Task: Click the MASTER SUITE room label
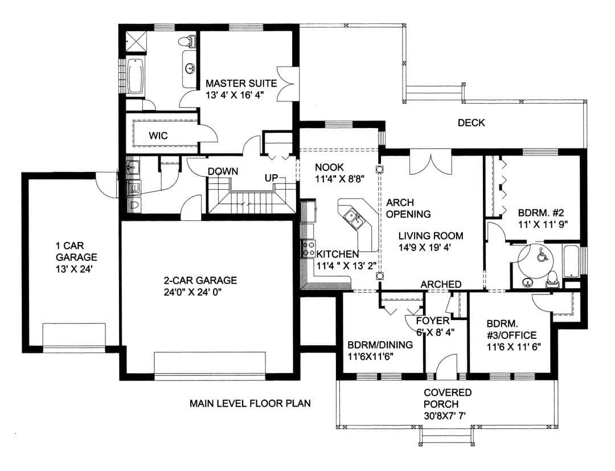click(x=241, y=83)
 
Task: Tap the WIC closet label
click(x=158, y=136)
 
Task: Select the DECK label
click(x=471, y=123)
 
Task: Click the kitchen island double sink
click(x=354, y=219)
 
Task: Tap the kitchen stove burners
click(x=308, y=249)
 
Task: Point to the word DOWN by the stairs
click(x=223, y=171)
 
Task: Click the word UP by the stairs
click(x=271, y=178)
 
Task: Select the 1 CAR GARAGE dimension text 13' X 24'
click(x=73, y=269)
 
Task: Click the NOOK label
click(x=329, y=167)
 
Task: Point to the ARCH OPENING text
click(x=408, y=208)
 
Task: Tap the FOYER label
click(x=433, y=321)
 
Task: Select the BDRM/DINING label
click(x=380, y=345)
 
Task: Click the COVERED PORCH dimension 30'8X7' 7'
click(x=445, y=416)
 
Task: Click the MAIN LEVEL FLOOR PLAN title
click(x=250, y=403)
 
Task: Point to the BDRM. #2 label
click(x=541, y=213)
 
